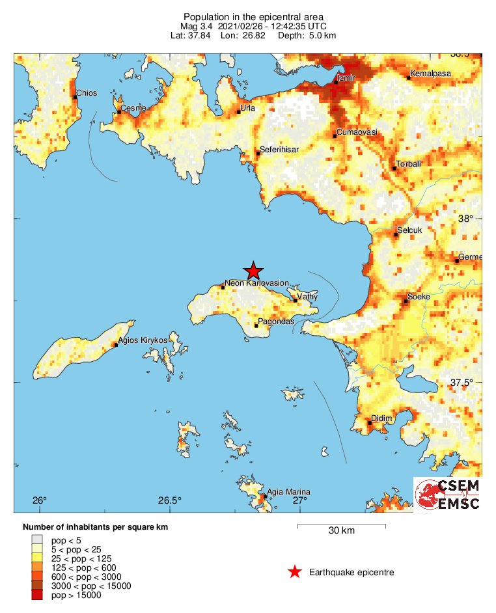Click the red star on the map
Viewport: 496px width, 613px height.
click(x=253, y=271)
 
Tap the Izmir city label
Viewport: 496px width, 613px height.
click(x=346, y=79)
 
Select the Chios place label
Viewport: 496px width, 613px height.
click(x=87, y=93)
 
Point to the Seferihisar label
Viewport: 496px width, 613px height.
click(x=279, y=150)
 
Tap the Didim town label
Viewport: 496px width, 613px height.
click(x=380, y=418)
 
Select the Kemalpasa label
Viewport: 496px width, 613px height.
click(x=430, y=74)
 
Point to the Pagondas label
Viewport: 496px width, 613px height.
click(x=277, y=322)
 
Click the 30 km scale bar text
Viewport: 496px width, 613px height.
click(x=341, y=531)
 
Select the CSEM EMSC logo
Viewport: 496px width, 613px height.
click(x=448, y=495)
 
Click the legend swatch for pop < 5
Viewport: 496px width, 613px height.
click(x=37, y=539)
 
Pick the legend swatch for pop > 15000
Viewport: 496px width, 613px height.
click(x=37, y=595)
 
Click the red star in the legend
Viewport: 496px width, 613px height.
click(x=295, y=572)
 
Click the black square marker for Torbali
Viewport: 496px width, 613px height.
click(x=394, y=169)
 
